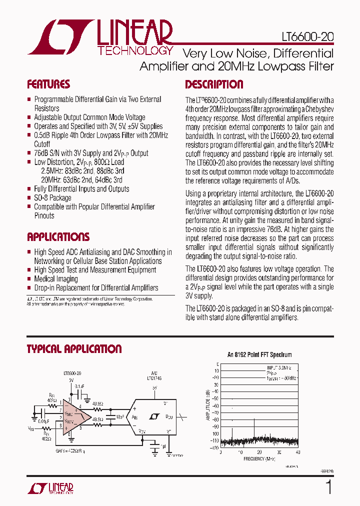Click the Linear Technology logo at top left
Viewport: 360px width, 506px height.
click(100, 37)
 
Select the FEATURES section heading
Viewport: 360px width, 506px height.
click(48, 84)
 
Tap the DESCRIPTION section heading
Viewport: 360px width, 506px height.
click(214, 84)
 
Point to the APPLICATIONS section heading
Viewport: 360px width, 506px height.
click(58, 236)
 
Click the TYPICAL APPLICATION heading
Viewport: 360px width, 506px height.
click(74, 348)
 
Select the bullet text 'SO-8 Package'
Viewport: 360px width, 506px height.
click(52, 197)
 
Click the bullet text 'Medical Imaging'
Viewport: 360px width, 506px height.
click(55, 279)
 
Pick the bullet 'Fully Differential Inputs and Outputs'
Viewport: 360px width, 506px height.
click(81, 188)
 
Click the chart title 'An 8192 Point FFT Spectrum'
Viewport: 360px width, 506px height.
click(259, 354)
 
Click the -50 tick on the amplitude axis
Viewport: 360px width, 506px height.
click(215, 398)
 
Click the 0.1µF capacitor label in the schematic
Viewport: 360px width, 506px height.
click(79, 386)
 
